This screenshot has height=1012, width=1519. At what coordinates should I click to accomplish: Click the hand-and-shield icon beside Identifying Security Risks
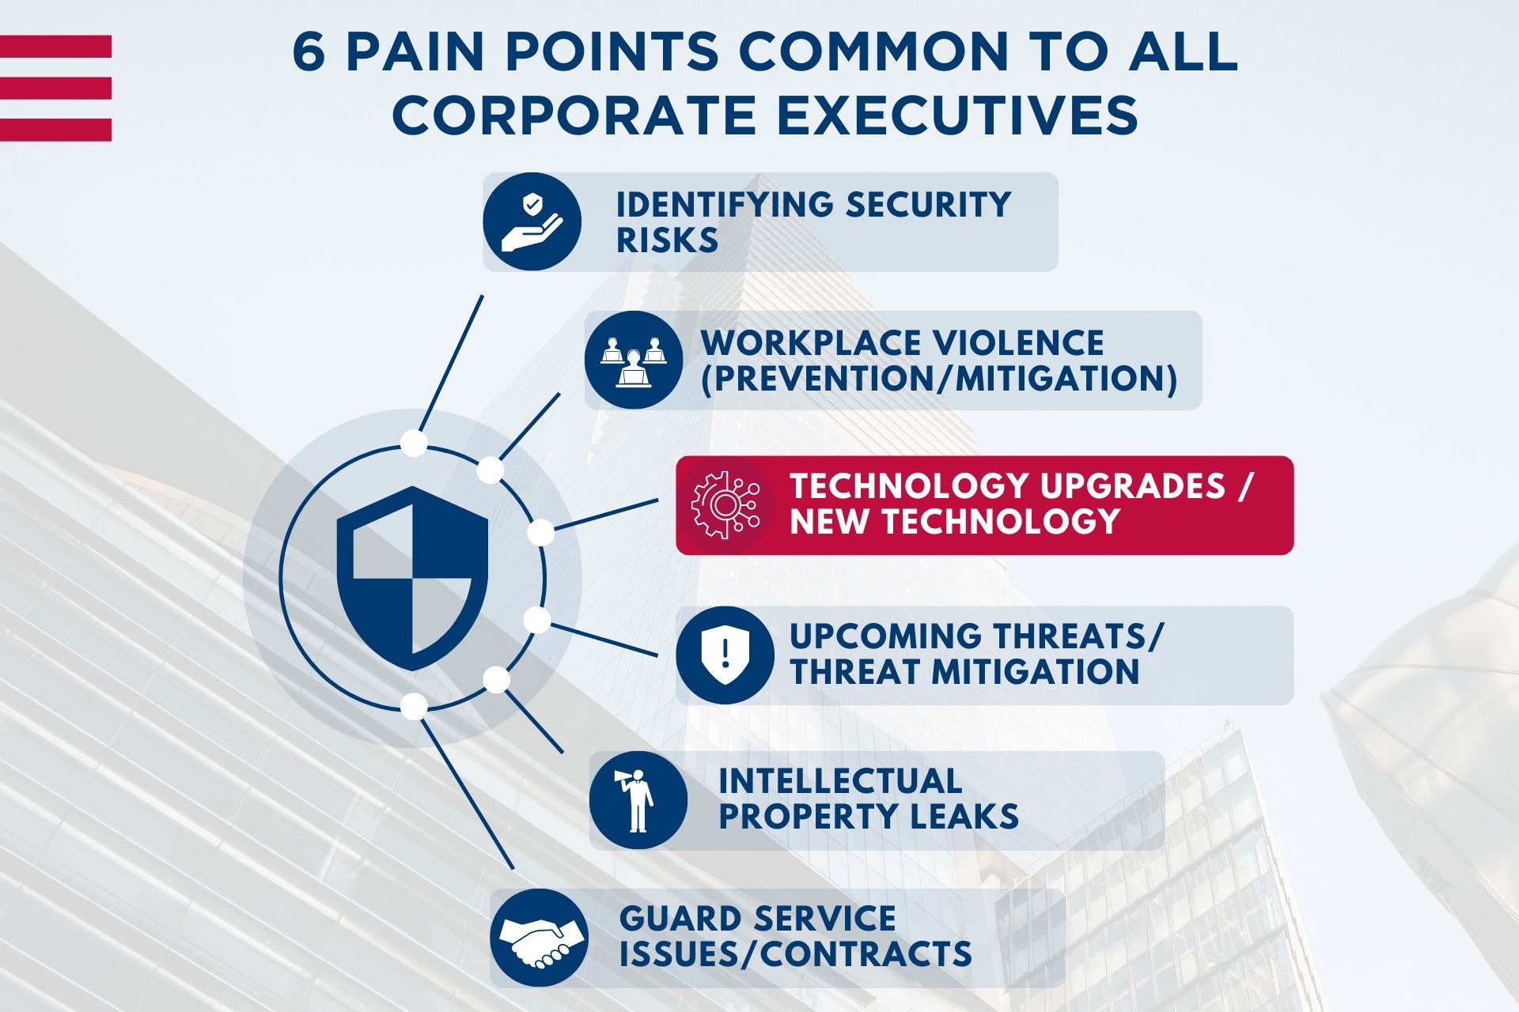click(532, 222)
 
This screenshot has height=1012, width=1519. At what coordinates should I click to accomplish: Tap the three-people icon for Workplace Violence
click(633, 360)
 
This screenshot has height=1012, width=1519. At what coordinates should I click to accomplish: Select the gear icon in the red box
click(725, 505)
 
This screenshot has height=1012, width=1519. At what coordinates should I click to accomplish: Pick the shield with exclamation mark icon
click(725, 655)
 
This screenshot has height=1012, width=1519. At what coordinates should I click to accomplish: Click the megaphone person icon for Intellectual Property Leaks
click(638, 800)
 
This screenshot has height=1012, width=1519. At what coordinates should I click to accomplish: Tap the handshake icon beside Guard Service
click(539, 938)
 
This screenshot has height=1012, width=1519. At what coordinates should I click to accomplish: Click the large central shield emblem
click(412, 578)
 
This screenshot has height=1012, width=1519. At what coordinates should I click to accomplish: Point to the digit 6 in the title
click(309, 53)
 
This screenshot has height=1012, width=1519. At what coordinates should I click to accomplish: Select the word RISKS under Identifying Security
click(667, 240)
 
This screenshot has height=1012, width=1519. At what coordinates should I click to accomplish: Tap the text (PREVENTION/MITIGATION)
click(939, 379)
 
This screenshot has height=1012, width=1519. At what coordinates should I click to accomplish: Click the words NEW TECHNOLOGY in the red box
click(955, 522)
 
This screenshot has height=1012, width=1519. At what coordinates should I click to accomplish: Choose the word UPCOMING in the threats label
click(886, 636)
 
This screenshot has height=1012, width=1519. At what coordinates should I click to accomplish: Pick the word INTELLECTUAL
click(840, 781)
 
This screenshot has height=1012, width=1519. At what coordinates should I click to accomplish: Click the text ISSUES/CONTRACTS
click(795, 954)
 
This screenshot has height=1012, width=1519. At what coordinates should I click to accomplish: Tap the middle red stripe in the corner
click(55, 88)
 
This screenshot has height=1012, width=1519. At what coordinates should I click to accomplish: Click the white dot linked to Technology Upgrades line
click(540, 533)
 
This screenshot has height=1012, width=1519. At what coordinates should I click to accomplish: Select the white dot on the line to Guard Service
click(413, 705)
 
